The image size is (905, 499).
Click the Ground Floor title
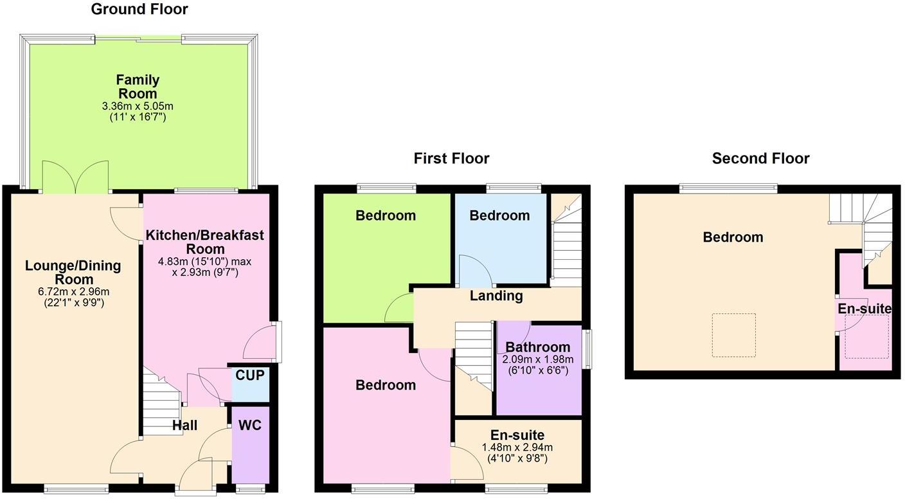pos(139,9)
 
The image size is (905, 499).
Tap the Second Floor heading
pos(760,158)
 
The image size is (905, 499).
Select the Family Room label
pos(138,87)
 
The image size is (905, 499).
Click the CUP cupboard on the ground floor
pos(249,376)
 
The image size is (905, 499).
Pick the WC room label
pos(250,426)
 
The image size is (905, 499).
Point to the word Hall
pos(184,426)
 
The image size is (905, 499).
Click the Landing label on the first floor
pos(496,296)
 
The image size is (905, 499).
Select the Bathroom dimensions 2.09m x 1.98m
pos(538,359)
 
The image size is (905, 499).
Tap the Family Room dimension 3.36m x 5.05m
pos(138,105)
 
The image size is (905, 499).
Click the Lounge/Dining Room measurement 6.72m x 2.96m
pos(74,291)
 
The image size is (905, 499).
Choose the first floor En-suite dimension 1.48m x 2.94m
pos(517,448)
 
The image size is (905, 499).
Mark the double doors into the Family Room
pos(75,177)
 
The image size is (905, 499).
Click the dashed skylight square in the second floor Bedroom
pos(733,335)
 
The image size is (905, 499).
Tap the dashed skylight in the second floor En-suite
pos(866,336)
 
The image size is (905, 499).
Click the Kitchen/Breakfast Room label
pos(205,242)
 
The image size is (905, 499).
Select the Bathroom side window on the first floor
pos(587,349)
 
